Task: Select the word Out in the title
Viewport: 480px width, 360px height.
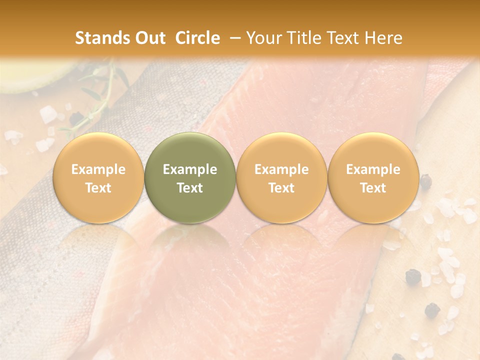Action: [148, 38]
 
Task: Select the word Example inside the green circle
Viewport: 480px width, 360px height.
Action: [190, 169]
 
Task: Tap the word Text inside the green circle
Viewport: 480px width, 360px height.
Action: [190, 188]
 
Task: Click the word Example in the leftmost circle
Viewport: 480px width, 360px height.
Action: [98, 169]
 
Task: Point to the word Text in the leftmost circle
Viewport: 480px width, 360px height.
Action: [98, 188]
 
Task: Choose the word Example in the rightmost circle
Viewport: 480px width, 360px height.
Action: [373, 169]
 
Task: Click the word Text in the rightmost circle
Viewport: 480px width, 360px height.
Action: [373, 188]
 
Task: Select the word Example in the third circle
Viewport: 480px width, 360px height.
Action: [281, 169]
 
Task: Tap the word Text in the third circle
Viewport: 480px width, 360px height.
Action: [281, 188]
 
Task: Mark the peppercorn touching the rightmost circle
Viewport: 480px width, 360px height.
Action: [425, 181]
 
